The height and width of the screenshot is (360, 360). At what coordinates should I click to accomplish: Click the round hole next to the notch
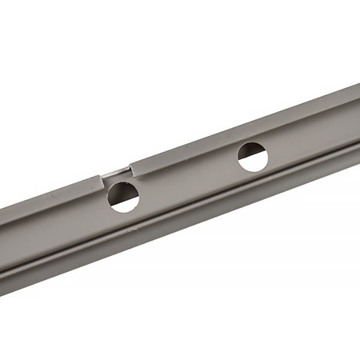124,196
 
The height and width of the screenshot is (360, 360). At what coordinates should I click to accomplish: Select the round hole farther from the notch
253,157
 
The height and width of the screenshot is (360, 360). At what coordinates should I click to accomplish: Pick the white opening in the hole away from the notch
256,159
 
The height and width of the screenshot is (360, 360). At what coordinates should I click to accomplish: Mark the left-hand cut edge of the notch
102,179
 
